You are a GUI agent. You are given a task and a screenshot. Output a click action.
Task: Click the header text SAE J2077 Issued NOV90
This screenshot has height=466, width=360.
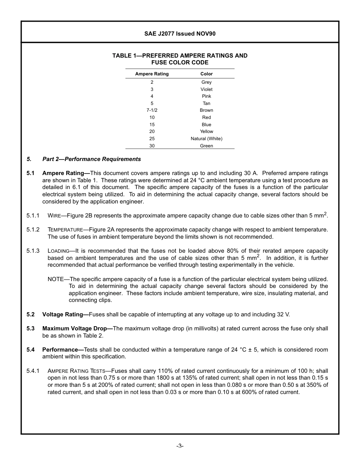coord(180,34)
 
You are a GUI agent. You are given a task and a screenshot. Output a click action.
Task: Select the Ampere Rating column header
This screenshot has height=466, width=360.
coord(152,74)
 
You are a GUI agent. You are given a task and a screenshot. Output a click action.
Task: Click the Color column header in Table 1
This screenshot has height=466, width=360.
coord(207,74)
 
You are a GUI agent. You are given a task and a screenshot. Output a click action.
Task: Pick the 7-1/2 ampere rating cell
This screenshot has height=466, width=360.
coord(152,110)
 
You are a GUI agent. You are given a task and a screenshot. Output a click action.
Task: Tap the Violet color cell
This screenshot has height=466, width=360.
coord(207,89)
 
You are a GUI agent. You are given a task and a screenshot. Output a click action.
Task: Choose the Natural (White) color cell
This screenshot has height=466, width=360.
coord(207,139)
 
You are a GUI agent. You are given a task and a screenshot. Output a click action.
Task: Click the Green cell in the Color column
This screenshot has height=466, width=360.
coord(207,146)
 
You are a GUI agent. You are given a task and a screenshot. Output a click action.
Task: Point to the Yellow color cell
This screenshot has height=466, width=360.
coord(207,131)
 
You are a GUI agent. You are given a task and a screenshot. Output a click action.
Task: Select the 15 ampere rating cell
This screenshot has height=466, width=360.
coord(152,125)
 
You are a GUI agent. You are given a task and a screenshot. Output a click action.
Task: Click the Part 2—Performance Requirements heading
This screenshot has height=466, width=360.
coord(91,159)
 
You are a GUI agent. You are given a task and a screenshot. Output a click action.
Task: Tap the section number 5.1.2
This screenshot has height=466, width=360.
coord(33,230)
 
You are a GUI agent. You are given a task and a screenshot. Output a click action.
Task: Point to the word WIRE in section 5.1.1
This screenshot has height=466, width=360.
coord(54,216)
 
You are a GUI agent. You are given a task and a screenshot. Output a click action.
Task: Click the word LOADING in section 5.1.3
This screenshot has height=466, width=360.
coord(58,251)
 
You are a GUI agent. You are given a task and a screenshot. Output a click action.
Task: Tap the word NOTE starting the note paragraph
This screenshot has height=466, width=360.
coord(55,279)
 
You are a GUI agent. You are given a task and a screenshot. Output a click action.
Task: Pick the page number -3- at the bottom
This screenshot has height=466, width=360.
coord(180,446)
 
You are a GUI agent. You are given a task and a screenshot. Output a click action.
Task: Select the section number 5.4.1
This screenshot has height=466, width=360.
coord(33,371)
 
